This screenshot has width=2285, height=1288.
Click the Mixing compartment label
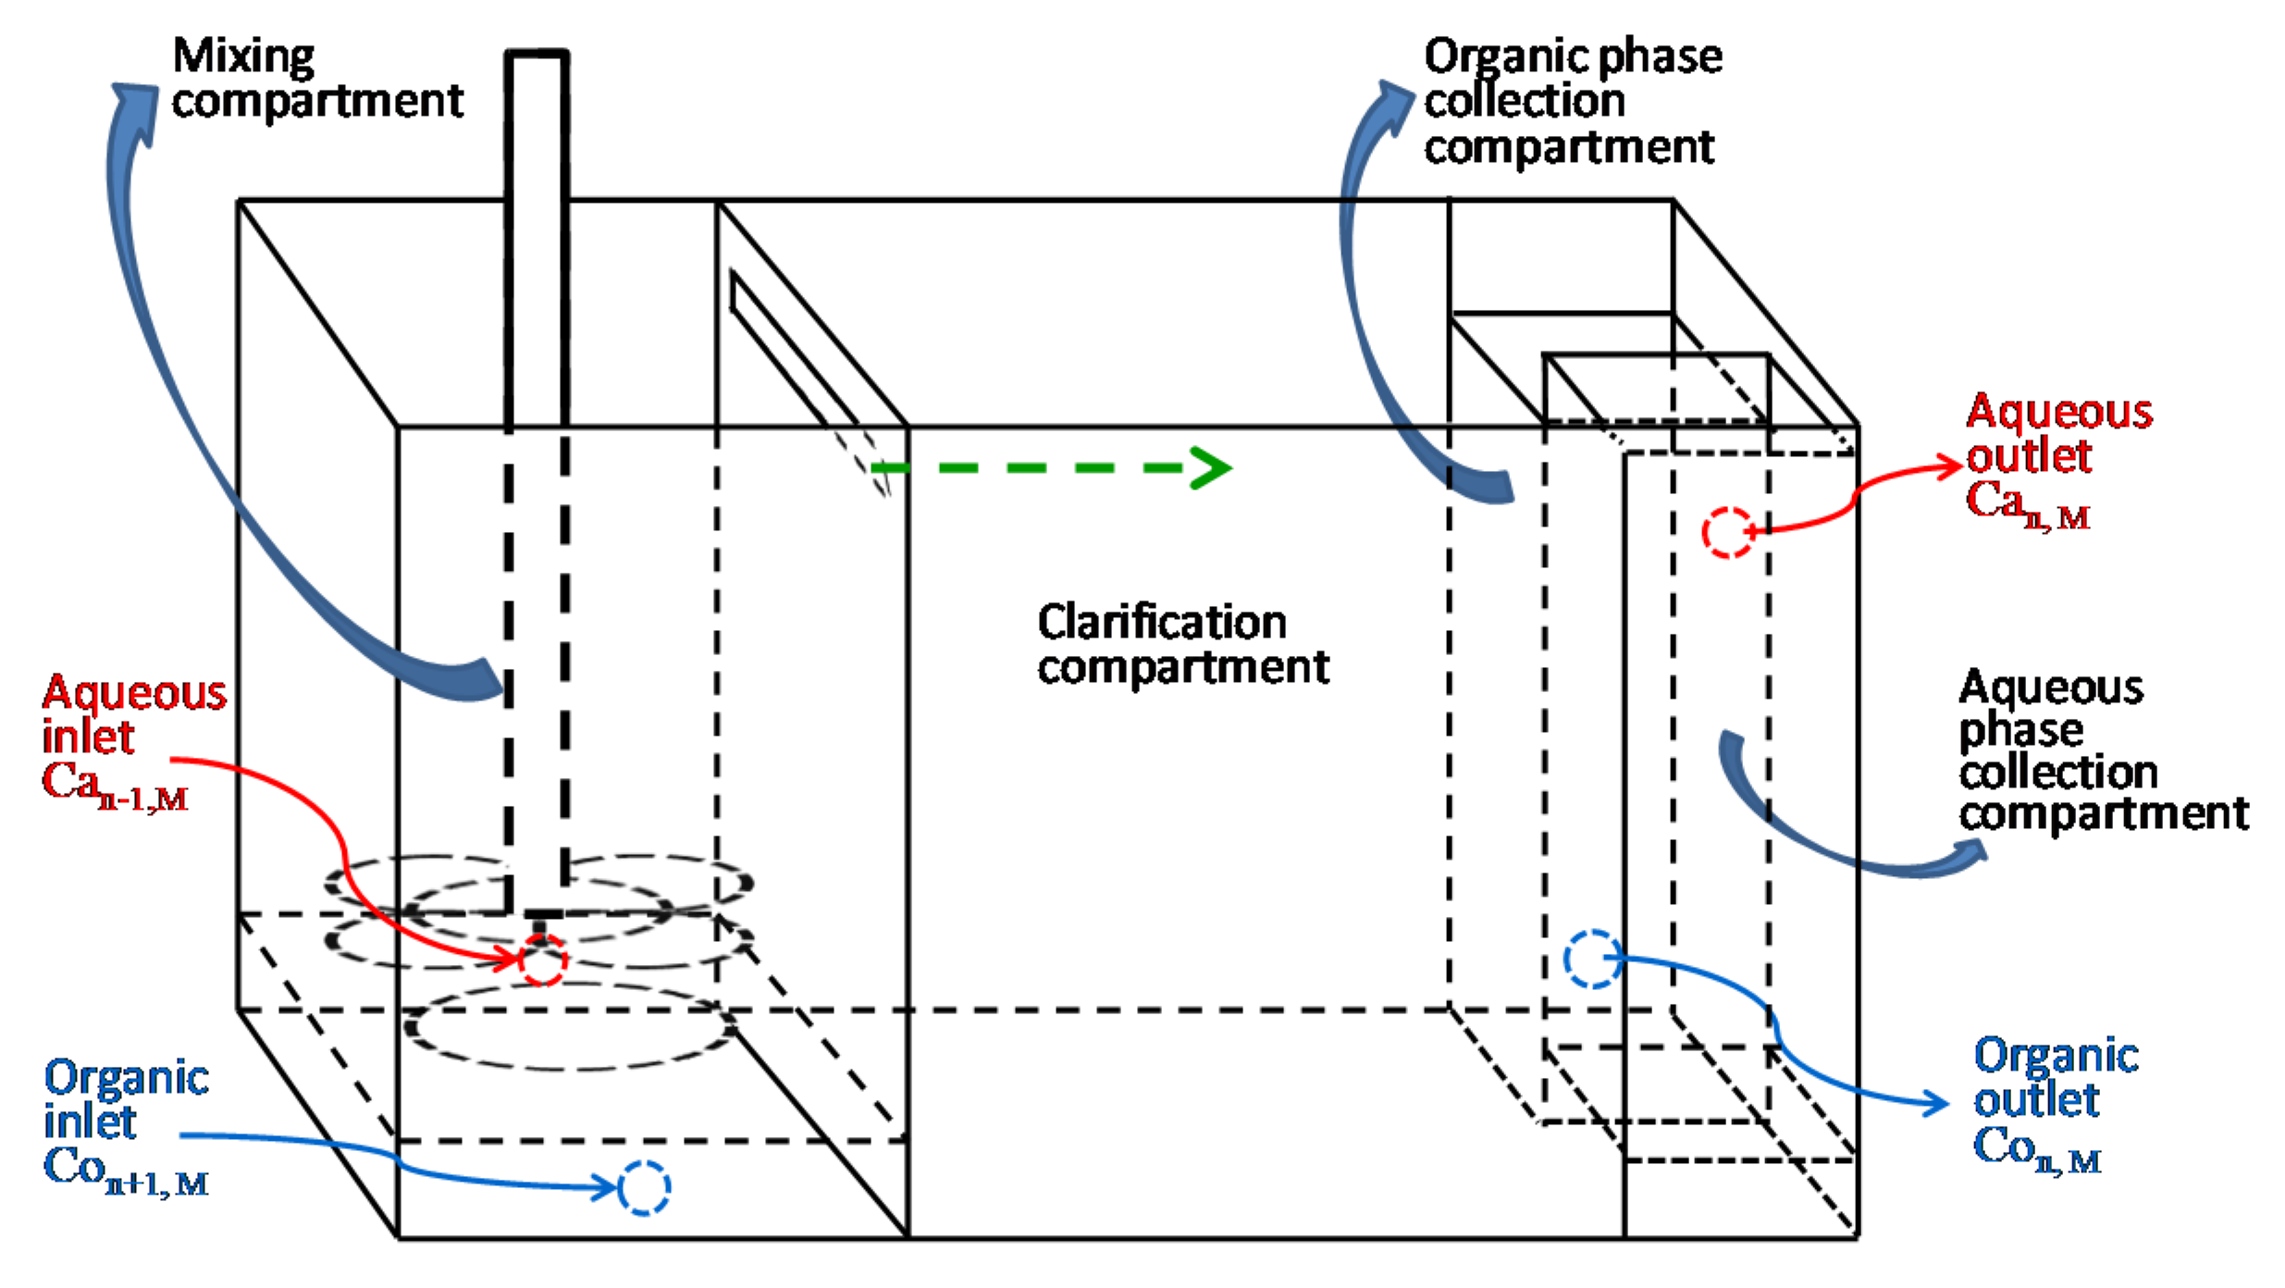[x=317, y=79]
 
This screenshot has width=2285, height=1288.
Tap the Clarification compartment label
[x=1183, y=644]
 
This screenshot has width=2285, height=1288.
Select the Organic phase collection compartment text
[x=1573, y=102]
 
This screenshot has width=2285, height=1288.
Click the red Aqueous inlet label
[x=135, y=714]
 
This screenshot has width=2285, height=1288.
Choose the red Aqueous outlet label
[x=2059, y=433]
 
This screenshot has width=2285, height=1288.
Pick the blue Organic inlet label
[x=127, y=1099]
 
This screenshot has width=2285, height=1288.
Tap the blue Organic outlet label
[x=2056, y=1077]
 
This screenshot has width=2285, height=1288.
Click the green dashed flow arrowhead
[x=1210, y=468]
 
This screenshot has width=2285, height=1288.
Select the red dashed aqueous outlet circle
[x=1727, y=532]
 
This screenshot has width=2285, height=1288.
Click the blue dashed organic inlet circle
[x=644, y=1188]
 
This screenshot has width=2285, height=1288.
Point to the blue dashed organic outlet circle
[x=1591, y=960]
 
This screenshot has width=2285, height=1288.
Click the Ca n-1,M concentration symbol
[x=116, y=786]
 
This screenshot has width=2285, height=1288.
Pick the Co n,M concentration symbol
[x=2037, y=1150]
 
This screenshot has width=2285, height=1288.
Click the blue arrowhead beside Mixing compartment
[x=136, y=109]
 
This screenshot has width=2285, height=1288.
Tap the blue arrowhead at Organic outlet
[x=1936, y=1102]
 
